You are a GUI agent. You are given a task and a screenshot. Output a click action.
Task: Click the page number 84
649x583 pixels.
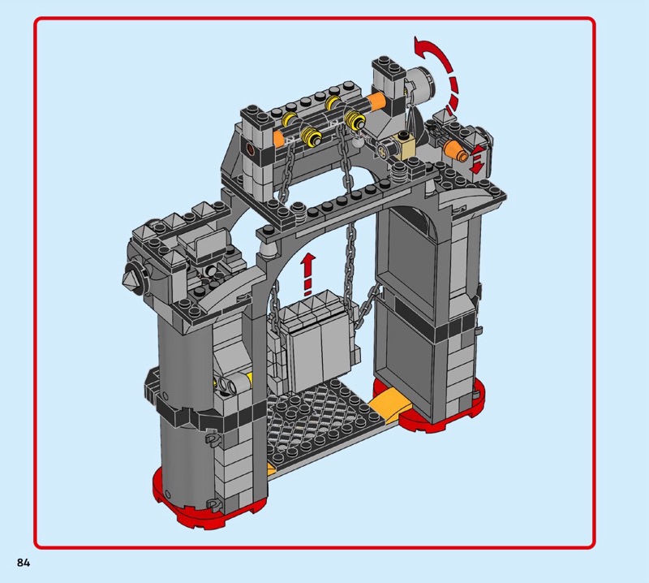24,562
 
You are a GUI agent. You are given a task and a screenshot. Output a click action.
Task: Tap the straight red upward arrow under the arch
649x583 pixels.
307,274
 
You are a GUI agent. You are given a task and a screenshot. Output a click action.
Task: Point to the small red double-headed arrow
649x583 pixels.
477,158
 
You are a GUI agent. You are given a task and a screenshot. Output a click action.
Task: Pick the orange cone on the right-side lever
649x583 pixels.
455,151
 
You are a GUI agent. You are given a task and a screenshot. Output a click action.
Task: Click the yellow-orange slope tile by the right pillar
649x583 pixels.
388,404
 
